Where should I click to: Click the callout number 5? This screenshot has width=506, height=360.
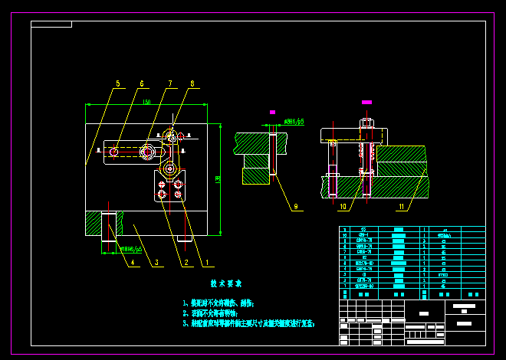pyautogui.click(x=118, y=84)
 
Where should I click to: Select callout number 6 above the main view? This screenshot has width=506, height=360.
pyautogui.click(x=142, y=84)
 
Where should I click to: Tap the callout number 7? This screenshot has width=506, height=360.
pyautogui.click(x=170, y=84)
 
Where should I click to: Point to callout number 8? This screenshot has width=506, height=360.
pyautogui.click(x=192, y=84)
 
